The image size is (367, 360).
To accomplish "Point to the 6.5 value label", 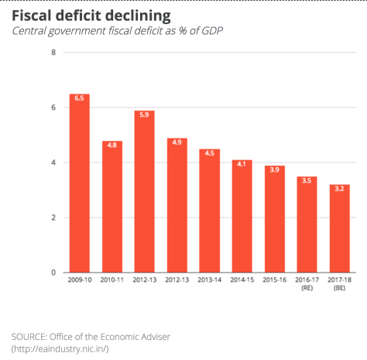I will [80, 98].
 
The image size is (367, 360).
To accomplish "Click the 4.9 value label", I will [177, 142].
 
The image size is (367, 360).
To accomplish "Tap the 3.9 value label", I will [275, 170].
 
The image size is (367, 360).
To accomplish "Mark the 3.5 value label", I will [307, 180].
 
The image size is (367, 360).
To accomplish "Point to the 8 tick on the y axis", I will [53, 53].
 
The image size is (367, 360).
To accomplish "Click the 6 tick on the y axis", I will [53, 108].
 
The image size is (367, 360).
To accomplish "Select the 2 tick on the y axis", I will [53, 218].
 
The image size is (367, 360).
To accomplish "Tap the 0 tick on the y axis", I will [53, 273].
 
